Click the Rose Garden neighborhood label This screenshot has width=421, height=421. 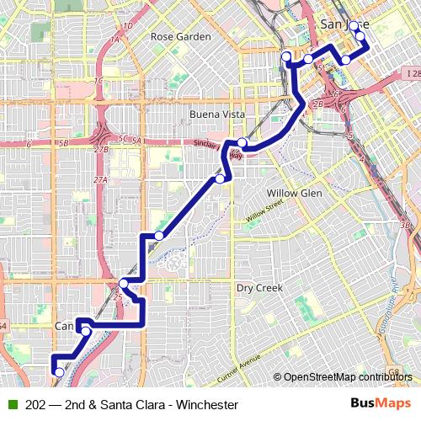tap(180, 37)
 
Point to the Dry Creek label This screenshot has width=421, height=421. tap(258, 288)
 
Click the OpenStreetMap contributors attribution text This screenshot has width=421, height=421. tap(348, 377)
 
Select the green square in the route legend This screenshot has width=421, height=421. tap(11, 405)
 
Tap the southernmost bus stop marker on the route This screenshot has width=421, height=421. tap(59, 371)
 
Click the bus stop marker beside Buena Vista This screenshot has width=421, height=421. tap(242, 142)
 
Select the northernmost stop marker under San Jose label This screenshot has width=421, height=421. tap(354, 25)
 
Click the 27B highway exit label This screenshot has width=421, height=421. tap(101, 149)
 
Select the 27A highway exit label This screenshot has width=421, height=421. tap(101, 180)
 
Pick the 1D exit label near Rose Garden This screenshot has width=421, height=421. tap(127, 26)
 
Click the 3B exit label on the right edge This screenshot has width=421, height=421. tap(405, 226)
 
